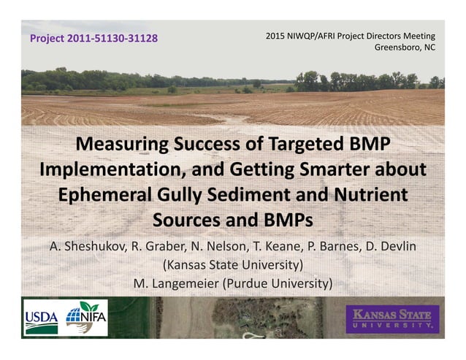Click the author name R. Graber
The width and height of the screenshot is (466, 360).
tap(161, 246)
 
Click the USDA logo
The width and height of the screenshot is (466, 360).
tap(42, 318)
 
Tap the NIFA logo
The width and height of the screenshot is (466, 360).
tap(86, 318)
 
